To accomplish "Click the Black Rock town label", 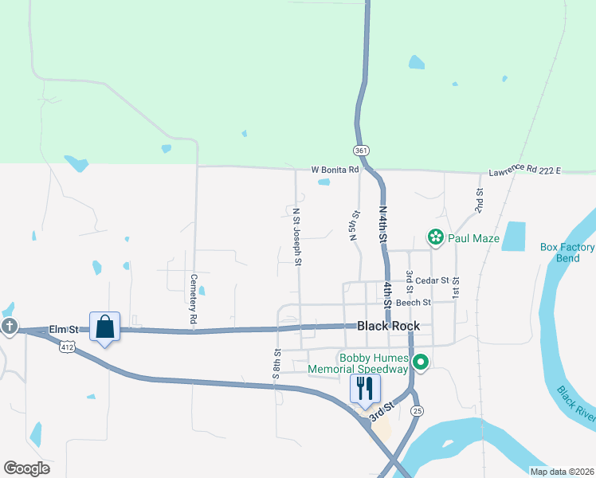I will click(388, 326).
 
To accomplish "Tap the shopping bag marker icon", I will click(104, 327).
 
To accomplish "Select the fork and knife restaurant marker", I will click(365, 389).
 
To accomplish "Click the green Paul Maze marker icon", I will click(435, 237).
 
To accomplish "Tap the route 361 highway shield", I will click(361, 150).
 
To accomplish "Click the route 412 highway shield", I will click(66, 346).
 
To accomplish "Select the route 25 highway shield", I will click(416, 410).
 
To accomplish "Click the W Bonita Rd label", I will click(335, 170).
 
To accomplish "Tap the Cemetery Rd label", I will click(194, 299).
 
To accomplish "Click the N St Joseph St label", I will click(296, 237).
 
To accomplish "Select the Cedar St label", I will click(433, 280).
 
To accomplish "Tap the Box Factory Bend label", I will click(567, 253).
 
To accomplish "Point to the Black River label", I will click(576, 406).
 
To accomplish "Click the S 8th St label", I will click(277, 363).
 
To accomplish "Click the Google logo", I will click(26, 468).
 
